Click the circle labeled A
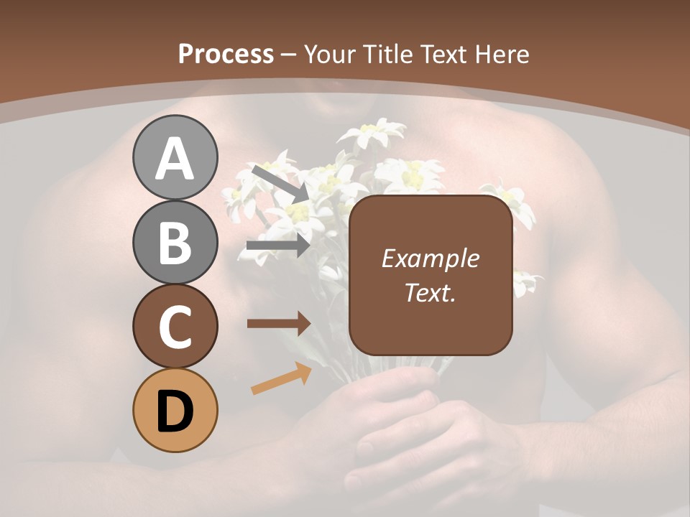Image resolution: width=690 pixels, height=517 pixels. [175, 157]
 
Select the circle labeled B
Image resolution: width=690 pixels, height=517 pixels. [175, 242]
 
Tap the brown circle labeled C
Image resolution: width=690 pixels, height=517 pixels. [175, 326]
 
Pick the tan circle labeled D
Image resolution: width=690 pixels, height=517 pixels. [175, 410]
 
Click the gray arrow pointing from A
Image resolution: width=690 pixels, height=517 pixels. [280, 183]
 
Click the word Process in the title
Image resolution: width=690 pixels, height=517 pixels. [226, 54]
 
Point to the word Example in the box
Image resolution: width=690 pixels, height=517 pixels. [430, 258]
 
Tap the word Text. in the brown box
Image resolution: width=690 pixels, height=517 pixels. [430, 292]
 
